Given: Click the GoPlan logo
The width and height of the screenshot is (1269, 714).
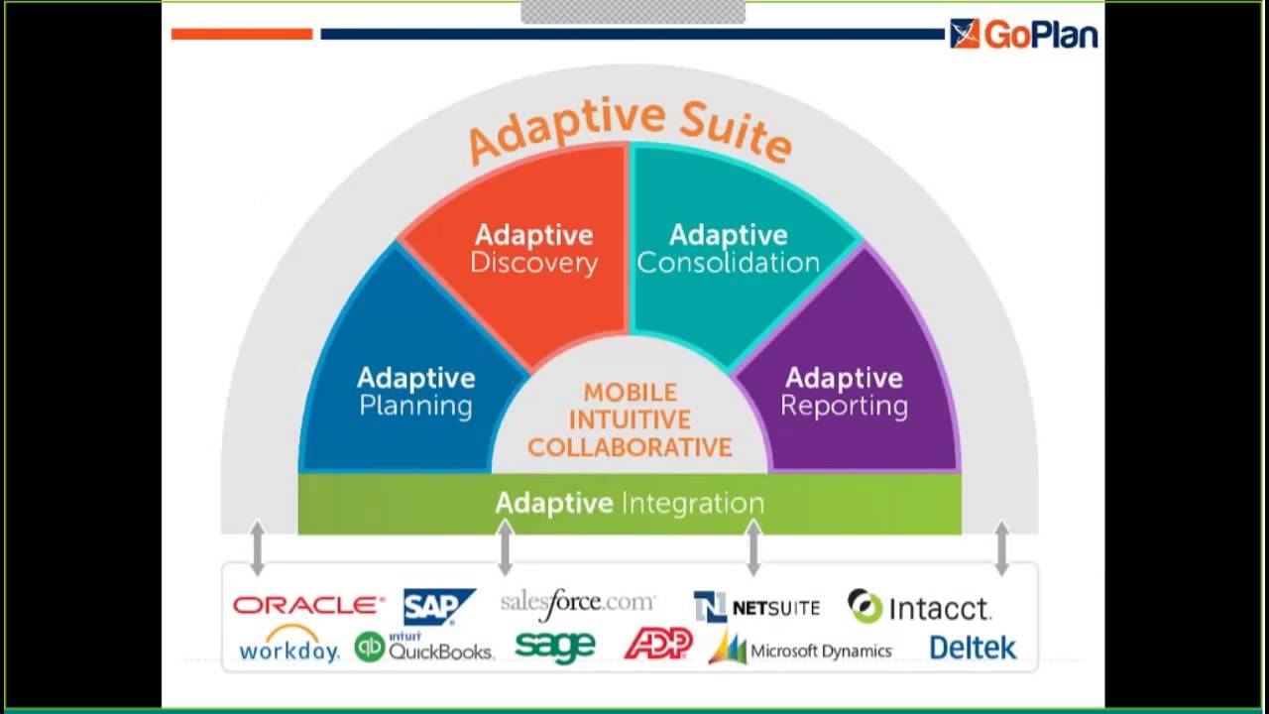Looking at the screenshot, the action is click(1023, 34).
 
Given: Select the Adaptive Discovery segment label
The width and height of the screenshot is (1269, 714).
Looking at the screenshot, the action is click(533, 248).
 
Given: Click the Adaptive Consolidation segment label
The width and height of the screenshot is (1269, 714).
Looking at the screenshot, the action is click(728, 248).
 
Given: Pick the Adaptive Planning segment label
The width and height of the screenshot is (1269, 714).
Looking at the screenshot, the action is click(415, 392).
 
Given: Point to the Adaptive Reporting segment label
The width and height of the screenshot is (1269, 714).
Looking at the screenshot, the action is click(844, 392).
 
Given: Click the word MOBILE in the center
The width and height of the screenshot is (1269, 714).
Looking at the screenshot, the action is click(630, 393).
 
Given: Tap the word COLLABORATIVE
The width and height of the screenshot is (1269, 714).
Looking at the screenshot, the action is click(630, 448).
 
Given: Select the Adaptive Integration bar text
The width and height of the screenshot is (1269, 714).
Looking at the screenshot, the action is click(630, 503).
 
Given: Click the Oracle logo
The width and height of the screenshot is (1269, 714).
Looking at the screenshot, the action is click(308, 605).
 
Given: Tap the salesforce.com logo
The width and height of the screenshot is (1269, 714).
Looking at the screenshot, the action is click(578, 602).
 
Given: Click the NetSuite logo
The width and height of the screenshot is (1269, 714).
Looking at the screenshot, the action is click(756, 607).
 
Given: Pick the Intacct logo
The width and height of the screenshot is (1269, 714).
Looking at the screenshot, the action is click(919, 607).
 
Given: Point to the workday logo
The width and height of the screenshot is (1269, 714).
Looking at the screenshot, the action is click(288, 646).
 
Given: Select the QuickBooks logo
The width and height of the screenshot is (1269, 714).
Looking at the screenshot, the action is click(423, 648).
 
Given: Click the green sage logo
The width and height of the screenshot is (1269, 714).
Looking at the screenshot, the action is click(555, 647).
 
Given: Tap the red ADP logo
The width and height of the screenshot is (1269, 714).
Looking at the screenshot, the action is click(657, 646).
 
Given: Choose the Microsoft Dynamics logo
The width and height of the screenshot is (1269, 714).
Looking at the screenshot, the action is click(800, 650).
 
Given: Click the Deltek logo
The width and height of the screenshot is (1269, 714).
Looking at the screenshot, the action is click(973, 649).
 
